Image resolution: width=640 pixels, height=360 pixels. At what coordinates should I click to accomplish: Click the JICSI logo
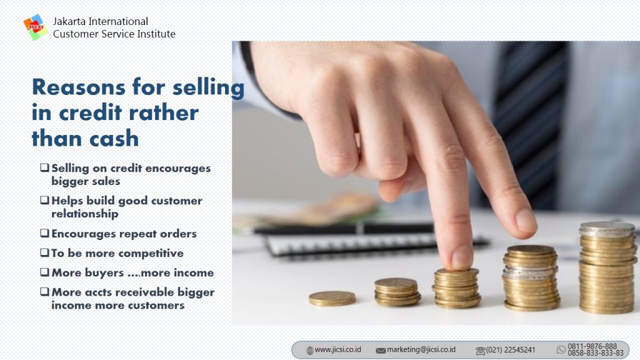click(36, 27)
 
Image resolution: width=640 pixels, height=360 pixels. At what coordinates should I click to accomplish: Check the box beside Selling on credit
click(44, 167)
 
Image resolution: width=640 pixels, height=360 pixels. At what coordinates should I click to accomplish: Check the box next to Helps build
click(44, 201)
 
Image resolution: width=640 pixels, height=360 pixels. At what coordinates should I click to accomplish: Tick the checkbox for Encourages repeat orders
click(44, 233)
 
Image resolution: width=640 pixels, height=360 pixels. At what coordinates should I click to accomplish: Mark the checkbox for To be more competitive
click(44, 252)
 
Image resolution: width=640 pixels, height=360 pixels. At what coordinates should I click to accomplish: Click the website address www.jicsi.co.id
click(337, 350)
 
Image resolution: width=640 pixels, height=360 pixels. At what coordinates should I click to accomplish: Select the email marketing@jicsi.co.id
click(421, 350)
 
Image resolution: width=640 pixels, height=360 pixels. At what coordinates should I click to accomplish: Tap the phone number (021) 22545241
click(510, 350)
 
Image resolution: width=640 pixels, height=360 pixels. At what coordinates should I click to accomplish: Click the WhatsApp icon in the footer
click(561, 350)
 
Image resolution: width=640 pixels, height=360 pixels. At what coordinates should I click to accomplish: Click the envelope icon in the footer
click(381, 351)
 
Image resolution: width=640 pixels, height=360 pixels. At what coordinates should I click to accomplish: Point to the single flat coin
click(332, 298)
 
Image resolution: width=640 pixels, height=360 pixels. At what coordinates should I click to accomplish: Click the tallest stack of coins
click(607, 267)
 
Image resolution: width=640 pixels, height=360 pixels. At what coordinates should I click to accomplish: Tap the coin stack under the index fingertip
click(457, 287)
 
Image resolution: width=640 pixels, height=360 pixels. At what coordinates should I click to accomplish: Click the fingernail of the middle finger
click(526, 221)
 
